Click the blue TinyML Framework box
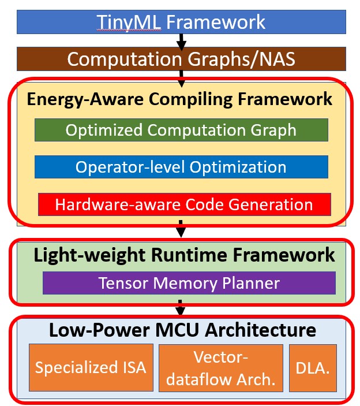pos(181,22)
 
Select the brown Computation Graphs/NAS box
pos(181,59)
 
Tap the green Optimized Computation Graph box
pos(181,130)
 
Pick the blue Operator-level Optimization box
pos(181,167)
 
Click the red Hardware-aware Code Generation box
pos(185,204)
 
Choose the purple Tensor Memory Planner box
pos(189,283)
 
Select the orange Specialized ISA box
pos(91,367)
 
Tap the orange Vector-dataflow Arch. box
pos(221,367)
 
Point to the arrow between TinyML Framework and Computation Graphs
pos(181,41)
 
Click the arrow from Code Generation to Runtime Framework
pos(181,229)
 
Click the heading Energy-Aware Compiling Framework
pos(179,99)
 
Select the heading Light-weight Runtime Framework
pos(184,255)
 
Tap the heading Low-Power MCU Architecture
pos(182,330)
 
